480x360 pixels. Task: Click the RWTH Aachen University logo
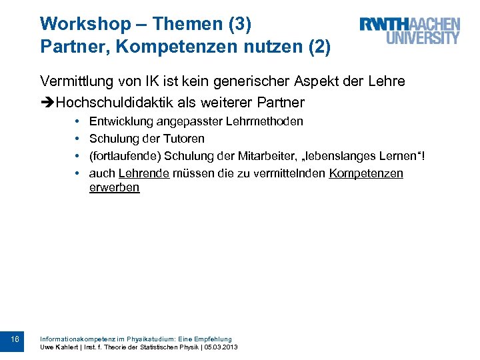click(409, 31)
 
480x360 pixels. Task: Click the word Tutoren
click(183, 139)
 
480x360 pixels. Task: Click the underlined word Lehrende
click(143, 173)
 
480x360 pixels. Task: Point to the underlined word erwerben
click(114, 187)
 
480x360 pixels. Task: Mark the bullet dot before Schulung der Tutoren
click(78, 139)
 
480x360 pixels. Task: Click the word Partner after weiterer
click(281, 103)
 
